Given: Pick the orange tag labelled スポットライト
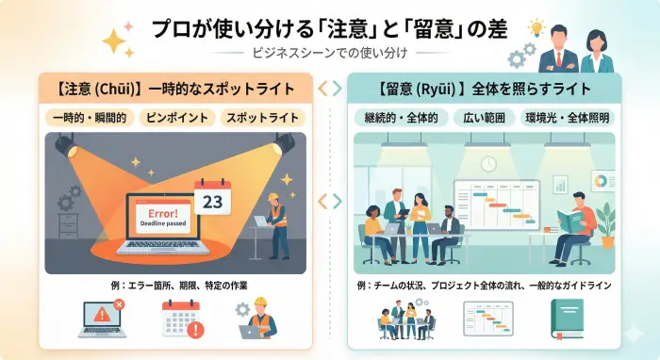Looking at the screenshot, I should (262, 119).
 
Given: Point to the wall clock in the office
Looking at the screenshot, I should (487, 164).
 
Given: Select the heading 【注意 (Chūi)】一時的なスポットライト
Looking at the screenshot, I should (176, 90).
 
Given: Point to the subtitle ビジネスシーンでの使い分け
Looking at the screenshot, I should (331, 55).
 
